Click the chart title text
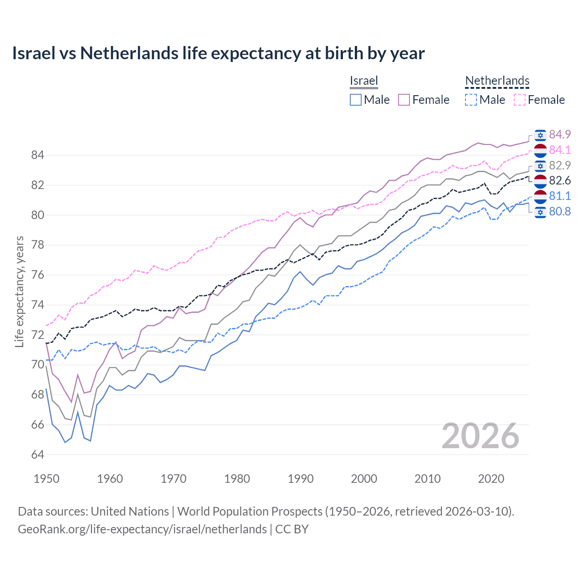pyautogui.click(x=218, y=53)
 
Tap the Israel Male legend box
pyautogui.click(x=356, y=100)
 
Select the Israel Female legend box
pyautogui.click(x=404, y=100)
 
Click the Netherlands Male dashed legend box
pyautogui.click(x=471, y=100)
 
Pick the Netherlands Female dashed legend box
pyautogui.click(x=519, y=100)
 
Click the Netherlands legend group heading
pyautogui.click(x=497, y=81)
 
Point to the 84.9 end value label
pyautogui.click(x=560, y=134)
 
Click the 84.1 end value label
pyautogui.click(x=560, y=150)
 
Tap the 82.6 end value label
pyautogui.click(x=560, y=181)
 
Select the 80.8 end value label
pyautogui.click(x=560, y=211)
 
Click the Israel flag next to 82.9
pyautogui.click(x=540, y=165)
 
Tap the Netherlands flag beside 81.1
pyautogui.click(x=540, y=196)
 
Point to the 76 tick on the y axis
pyautogui.click(x=37, y=275)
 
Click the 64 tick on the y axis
pyautogui.click(x=37, y=455)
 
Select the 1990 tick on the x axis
pyautogui.click(x=301, y=479)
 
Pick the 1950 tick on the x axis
pyautogui.click(x=46, y=479)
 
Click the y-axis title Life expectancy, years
pyautogui.click(x=19, y=291)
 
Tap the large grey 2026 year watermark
pyautogui.click(x=481, y=436)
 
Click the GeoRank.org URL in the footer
pyautogui.click(x=142, y=529)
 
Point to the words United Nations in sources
pyautogui.click(x=130, y=511)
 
